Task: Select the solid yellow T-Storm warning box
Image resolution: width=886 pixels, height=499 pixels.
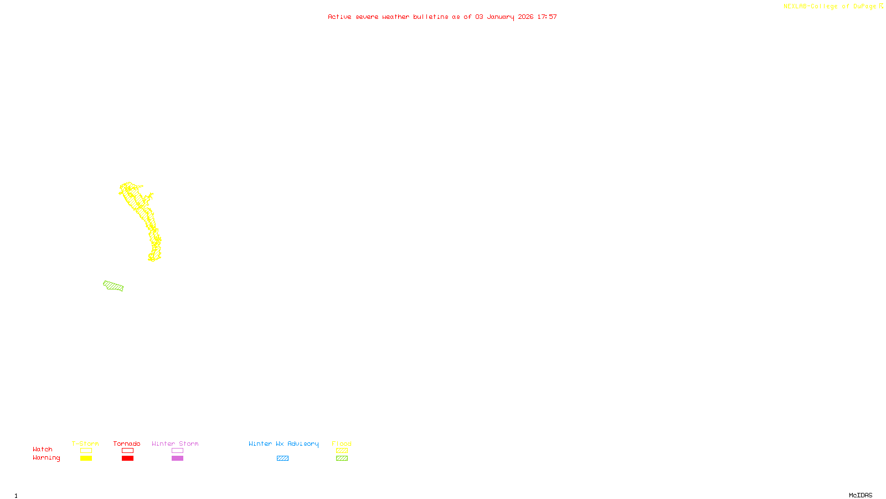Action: click(86, 458)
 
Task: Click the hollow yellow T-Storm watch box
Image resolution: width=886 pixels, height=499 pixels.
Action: click(86, 451)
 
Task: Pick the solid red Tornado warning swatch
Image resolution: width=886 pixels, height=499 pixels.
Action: click(127, 458)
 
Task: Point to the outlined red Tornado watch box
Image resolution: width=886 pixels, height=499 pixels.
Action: click(127, 451)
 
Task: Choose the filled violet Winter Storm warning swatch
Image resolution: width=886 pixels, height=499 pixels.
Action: click(177, 458)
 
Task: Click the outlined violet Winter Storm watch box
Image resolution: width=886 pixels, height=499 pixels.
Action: click(177, 451)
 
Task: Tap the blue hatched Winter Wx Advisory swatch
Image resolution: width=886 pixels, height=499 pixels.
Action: click(282, 458)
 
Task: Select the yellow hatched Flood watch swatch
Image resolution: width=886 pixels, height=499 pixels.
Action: click(342, 451)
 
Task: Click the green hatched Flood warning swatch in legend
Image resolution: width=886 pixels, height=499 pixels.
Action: click(342, 458)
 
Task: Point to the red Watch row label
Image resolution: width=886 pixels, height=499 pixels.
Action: click(43, 449)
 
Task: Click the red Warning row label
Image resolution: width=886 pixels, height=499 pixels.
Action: click(46, 458)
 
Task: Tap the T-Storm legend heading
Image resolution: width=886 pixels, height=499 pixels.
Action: click(85, 444)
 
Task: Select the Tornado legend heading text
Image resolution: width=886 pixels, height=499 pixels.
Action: click(127, 444)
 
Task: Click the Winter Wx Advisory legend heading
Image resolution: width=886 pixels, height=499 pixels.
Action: click(284, 444)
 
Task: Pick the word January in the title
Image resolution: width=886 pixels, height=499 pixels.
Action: click(501, 17)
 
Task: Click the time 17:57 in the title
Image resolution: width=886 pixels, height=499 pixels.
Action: click(547, 17)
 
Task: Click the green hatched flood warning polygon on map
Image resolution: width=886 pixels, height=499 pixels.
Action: click(114, 286)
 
